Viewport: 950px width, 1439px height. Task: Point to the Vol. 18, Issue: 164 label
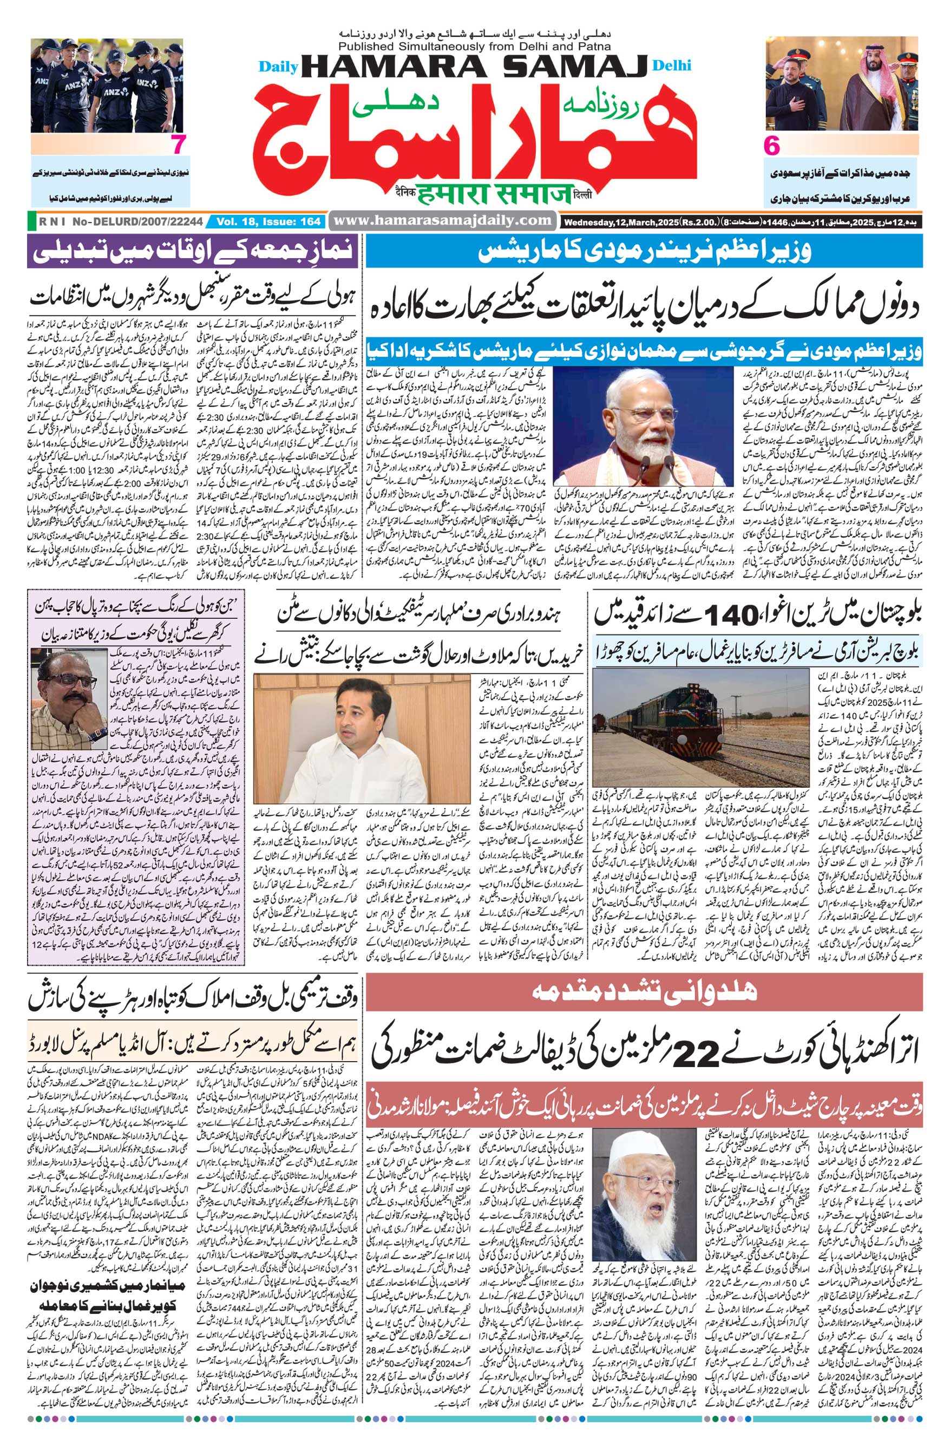(x=268, y=222)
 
